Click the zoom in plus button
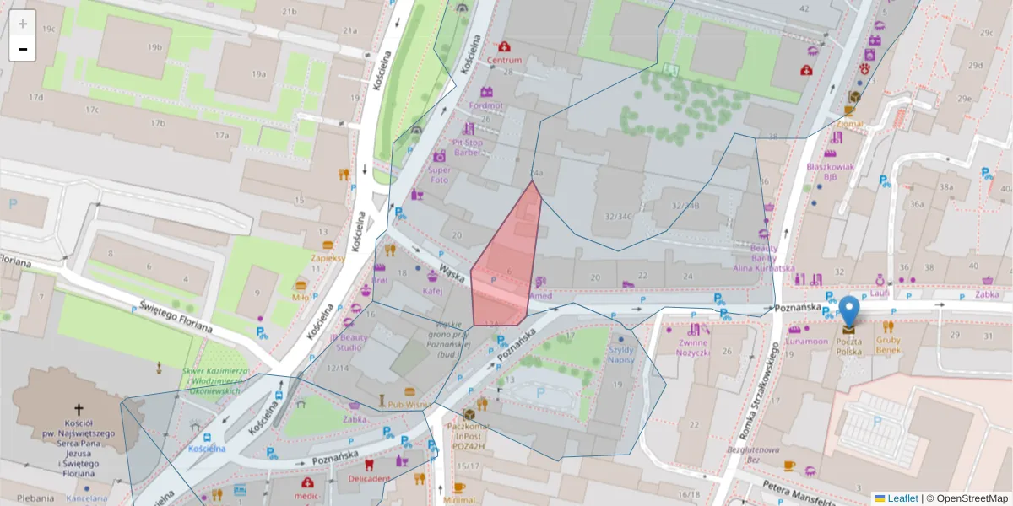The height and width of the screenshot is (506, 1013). tap(23, 23)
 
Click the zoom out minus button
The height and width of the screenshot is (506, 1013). tap(23, 49)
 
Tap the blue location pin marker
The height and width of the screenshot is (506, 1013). tap(849, 311)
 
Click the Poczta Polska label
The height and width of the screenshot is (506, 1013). tap(848, 345)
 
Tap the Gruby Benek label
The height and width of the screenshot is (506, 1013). tap(888, 344)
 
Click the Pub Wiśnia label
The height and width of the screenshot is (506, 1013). tap(409, 405)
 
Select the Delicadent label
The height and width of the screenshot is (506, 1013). tap(369, 478)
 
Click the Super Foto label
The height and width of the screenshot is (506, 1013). tap(439, 174)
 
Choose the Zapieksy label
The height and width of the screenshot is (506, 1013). tap(328, 258)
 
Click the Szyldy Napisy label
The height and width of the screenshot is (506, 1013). tap(621, 354)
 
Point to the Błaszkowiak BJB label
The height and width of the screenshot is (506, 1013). tap(831, 171)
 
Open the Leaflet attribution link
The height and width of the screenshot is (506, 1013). tap(902, 498)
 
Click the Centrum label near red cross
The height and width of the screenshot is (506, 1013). tap(504, 61)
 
